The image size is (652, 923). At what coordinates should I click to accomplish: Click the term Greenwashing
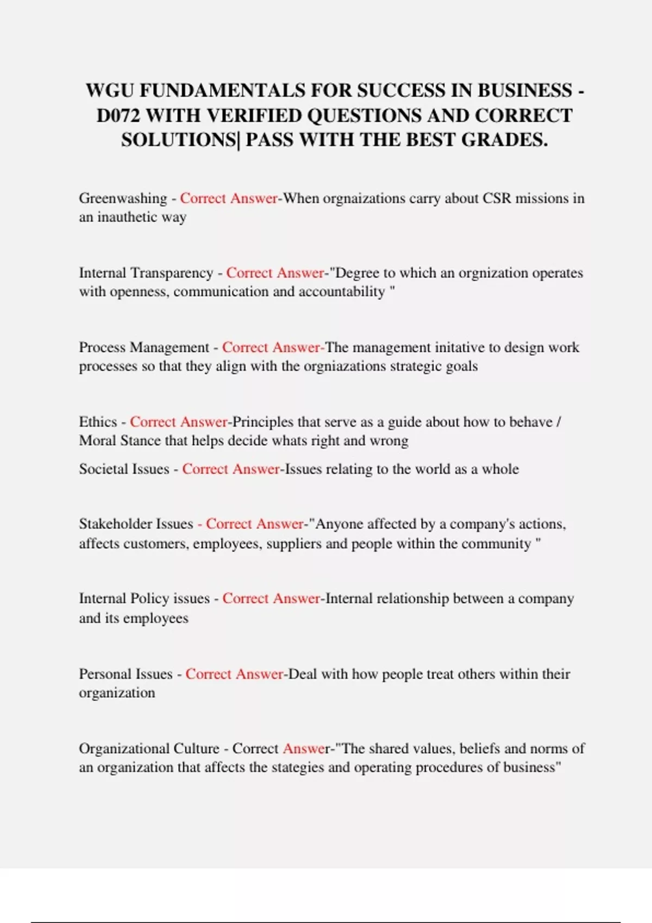[123, 199]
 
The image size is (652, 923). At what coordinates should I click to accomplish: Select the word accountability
[342, 292]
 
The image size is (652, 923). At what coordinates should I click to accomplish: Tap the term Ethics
[98, 422]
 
